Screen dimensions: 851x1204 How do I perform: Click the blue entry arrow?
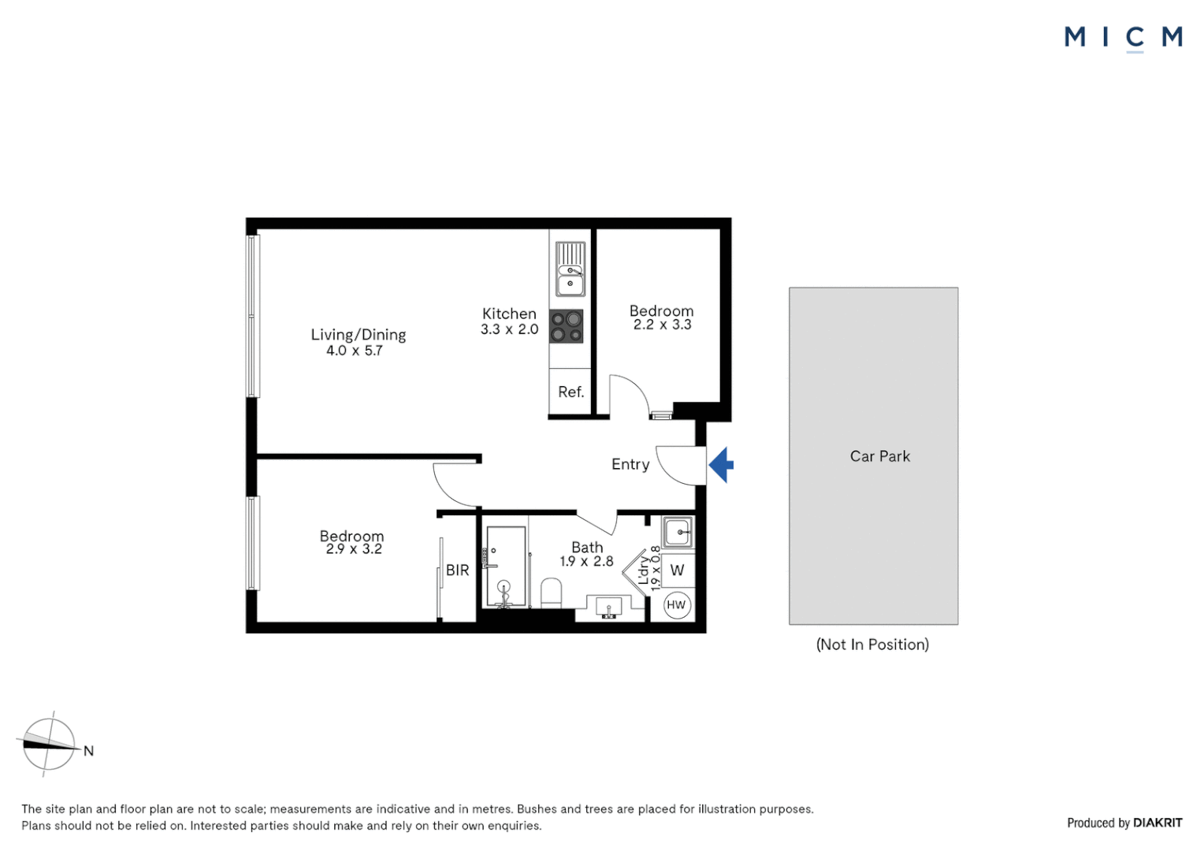(x=721, y=465)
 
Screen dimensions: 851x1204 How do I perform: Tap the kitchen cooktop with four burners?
(x=567, y=326)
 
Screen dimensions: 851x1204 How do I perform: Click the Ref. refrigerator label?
(x=570, y=392)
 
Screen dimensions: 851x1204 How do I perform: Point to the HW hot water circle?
(x=676, y=605)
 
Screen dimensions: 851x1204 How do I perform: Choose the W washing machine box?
(x=677, y=570)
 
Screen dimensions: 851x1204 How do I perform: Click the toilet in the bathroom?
(x=551, y=593)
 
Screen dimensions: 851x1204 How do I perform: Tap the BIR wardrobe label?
(x=457, y=570)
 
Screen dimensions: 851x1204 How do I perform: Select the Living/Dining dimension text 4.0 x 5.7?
(x=354, y=351)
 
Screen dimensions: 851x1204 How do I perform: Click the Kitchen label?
(x=509, y=314)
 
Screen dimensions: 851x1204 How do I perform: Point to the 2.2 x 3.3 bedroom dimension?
(x=662, y=325)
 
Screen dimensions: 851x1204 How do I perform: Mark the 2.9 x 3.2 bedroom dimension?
(x=354, y=549)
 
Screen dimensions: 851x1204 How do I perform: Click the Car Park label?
(x=879, y=456)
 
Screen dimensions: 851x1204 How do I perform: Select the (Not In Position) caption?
(x=872, y=645)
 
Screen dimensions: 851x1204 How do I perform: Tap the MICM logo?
(x=1123, y=37)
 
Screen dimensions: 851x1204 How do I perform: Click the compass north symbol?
(x=49, y=744)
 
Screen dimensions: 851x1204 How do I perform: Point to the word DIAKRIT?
(x=1158, y=823)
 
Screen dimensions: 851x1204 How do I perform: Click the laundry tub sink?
(x=678, y=532)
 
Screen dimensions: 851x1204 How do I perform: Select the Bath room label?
(x=587, y=547)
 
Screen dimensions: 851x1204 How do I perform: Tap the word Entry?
(x=630, y=464)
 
